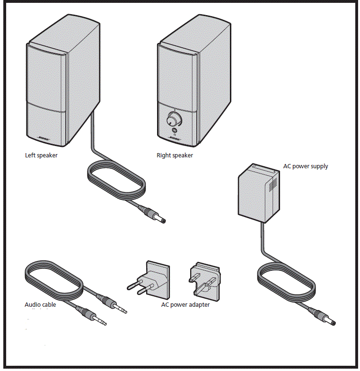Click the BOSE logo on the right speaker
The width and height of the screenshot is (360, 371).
175,139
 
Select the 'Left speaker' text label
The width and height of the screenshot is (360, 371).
41,155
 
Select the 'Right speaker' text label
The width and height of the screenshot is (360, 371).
175,155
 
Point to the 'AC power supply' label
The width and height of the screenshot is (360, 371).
305,166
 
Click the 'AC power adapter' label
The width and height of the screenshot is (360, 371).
185,305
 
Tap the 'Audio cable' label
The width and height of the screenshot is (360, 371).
40,305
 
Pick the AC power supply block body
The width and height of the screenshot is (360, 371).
255,195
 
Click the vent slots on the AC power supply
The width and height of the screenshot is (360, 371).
273,185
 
